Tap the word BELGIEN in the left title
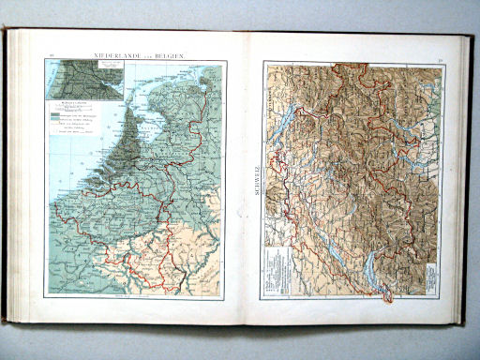[x=167, y=56]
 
